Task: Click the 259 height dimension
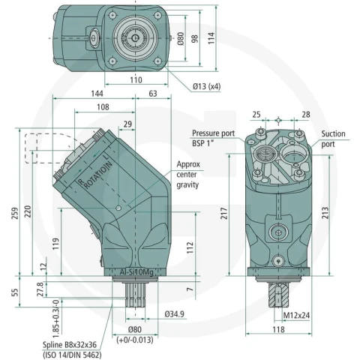tap(16, 213)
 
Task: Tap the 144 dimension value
tap(97, 94)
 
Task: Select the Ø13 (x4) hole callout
tap(206, 86)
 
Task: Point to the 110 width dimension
tap(136, 80)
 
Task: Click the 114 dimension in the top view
tap(211, 38)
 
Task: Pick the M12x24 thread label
tap(296, 315)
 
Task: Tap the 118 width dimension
tap(278, 329)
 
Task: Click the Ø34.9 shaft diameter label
tap(175, 313)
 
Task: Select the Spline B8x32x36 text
tap(70, 345)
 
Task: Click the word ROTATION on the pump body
tap(98, 174)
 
